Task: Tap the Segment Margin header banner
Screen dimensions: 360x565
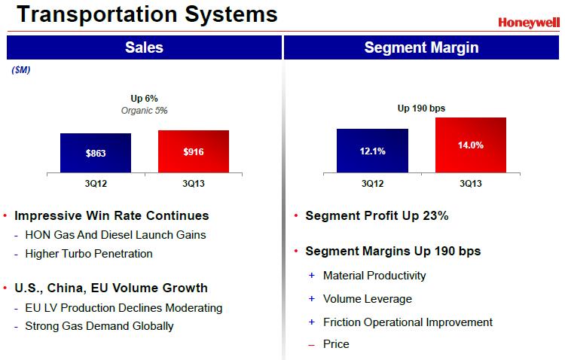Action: click(421, 48)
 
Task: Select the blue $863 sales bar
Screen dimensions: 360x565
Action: click(96, 152)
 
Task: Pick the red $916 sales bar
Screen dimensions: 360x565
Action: click(194, 151)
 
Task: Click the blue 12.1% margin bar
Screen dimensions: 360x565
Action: click(372, 150)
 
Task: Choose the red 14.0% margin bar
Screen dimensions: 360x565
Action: click(470, 145)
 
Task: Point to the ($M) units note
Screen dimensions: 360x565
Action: click(20, 70)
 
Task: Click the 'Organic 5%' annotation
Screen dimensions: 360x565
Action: click(144, 110)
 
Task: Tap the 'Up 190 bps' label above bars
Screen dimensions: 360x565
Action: click(421, 108)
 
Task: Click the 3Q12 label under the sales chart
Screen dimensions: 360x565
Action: click(96, 183)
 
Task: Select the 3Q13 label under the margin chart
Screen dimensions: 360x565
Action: click(470, 183)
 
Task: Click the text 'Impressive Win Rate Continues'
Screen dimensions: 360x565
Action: click(111, 215)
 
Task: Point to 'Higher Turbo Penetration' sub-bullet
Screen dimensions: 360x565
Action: click(89, 254)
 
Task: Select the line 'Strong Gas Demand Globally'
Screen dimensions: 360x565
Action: click(99, 326)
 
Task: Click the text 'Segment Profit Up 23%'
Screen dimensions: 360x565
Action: click(377, 215)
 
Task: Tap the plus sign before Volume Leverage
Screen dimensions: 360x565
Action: click(311, 299)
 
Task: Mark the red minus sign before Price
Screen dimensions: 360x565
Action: click(311, 344)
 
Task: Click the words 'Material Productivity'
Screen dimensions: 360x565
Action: click(374, 276)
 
